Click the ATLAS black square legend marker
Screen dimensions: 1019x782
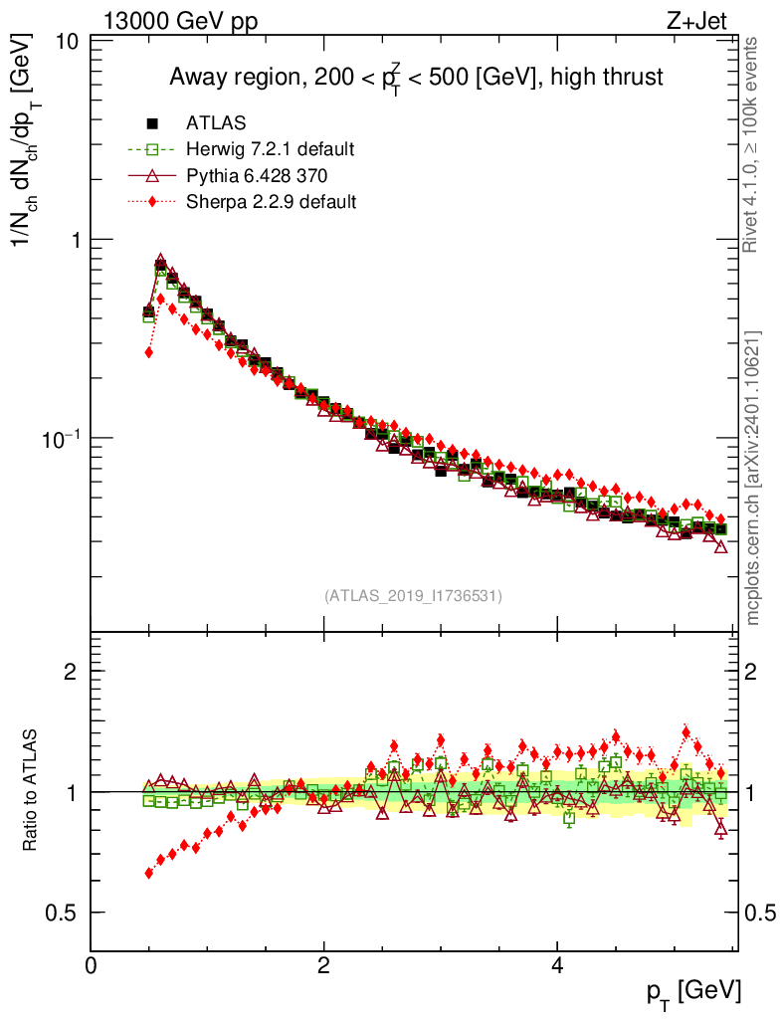tap(153, 123)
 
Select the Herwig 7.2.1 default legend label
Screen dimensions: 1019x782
tap(270, 150)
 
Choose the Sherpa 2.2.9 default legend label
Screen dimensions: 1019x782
tap(271, 202)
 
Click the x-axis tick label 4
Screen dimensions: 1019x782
tap(557, 966)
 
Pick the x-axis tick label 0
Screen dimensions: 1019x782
tap(91, 966)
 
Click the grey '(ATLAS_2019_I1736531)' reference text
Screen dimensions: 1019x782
tap(413, 596)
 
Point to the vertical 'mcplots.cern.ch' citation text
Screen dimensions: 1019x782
tap(753, 478)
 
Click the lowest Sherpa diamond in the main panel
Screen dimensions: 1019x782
tap(149, 352)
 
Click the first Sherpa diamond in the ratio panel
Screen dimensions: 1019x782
tap(149, 873)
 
